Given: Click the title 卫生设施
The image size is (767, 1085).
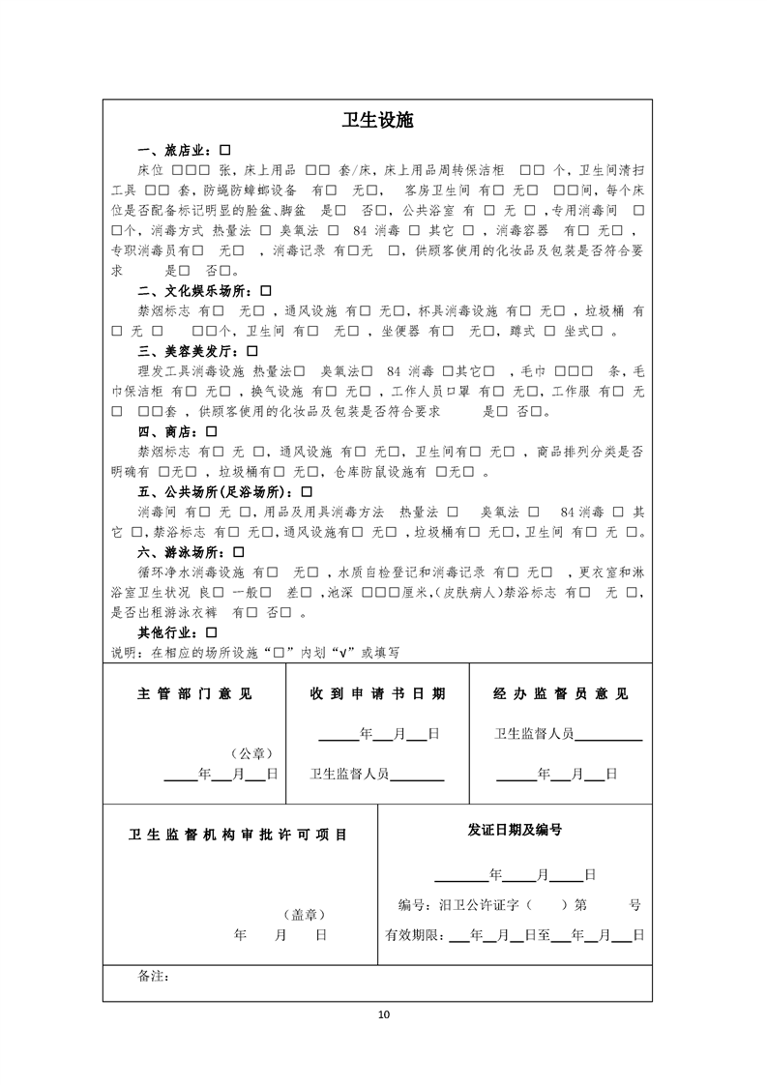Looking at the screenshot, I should click(x=383, y=121).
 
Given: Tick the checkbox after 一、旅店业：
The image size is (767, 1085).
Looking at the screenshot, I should click(x=224, y=151).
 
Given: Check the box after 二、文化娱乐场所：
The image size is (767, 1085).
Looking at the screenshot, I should click(x=265, y=290).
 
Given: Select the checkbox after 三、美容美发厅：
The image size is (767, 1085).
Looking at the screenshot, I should click(x=252, y=350).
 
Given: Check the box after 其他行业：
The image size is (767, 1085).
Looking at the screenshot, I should click(x=211, y=632).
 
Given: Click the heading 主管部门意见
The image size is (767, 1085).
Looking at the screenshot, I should click(x=194, y=694).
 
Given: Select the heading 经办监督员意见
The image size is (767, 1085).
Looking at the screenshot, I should click(x=560, y=694).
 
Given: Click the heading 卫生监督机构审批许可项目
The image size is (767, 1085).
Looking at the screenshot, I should click(x=238, y=835).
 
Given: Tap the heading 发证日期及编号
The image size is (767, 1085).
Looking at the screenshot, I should click(x=515, y=830).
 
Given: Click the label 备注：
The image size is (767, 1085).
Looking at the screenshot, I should click(x=155, y=977).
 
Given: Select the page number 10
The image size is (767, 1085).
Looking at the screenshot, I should click(x=384, y=1014).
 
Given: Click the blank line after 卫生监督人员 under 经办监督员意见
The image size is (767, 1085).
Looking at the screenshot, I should click(x=608, y=735).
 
